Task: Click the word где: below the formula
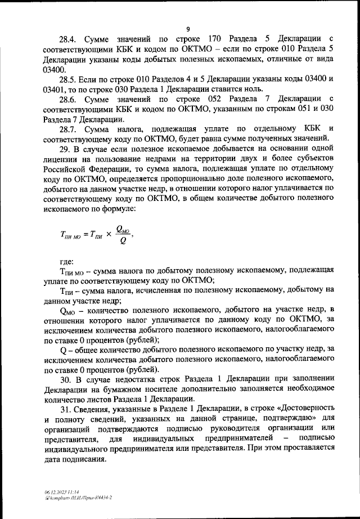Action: click(x=70, y=262)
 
